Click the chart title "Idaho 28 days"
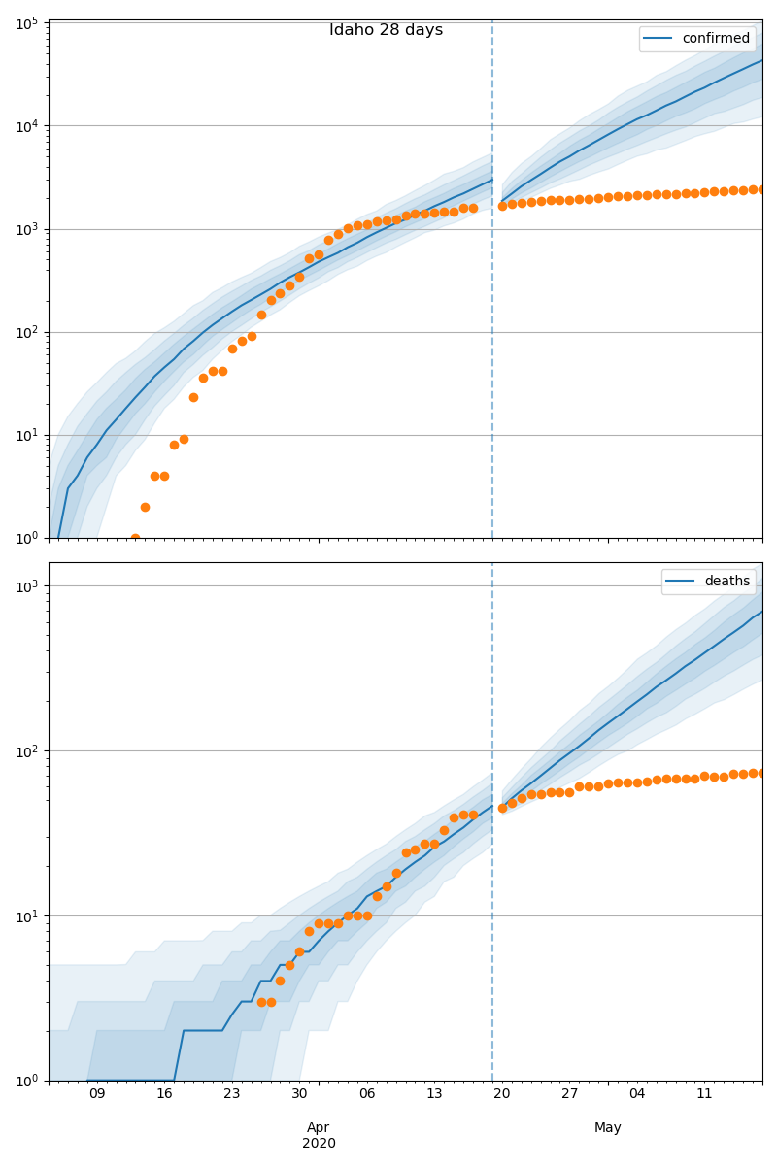tap(386, 30)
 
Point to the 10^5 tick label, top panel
tap(26, 22)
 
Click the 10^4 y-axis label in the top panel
tap(26, 126)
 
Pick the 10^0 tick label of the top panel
tap(26, 538)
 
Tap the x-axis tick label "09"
tap(97, 1094)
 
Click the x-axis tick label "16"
tap(164, 1094)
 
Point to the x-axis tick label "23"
tap(232, 1094)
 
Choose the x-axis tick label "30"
tap(299, 1094)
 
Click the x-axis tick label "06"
tap(367, 1094)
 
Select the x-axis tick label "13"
tap(434, 1094)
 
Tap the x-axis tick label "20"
tap(502, 1094)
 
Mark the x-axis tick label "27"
tap(569, 1094)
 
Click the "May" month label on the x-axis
tap(608, 1127)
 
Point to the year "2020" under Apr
tap(319, 1143)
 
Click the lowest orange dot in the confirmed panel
tap(135, 538)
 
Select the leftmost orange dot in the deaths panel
tap(261, 1002)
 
